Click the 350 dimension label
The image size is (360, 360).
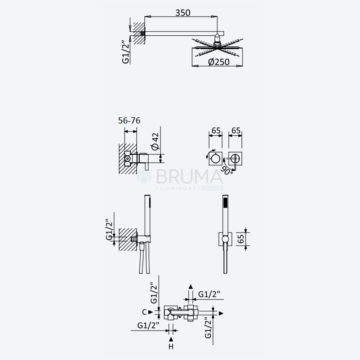[x=183, y=13]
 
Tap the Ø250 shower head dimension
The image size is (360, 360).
[x=219, y=62]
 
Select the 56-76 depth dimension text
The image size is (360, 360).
[x=129, y=121]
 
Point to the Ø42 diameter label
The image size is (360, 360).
[x=155, y=141]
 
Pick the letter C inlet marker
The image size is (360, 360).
[x=144, y=312]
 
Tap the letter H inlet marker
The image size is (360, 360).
[x=171, y=346]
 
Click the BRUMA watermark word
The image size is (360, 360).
[x=189, y=176]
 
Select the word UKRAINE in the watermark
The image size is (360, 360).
[x=212, y=188]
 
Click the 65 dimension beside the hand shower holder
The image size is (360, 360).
[x=240, y=239]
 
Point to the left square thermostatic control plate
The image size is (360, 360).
[x=216, y=158]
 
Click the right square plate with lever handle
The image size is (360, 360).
[x=235, y=158]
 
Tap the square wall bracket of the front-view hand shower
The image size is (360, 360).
[x=225, y=239]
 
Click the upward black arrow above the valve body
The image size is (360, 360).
[x=190, y=287]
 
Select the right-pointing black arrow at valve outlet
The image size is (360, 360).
[x=221, y=314]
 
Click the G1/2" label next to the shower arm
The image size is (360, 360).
[x=126, y=52]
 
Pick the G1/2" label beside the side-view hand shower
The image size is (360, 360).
[x=109, y=229]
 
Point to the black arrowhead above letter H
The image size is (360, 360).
[x=171, y=339]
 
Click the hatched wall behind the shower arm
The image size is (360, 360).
[x=139, y=33]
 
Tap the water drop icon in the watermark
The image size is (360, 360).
[x=144, y=176]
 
